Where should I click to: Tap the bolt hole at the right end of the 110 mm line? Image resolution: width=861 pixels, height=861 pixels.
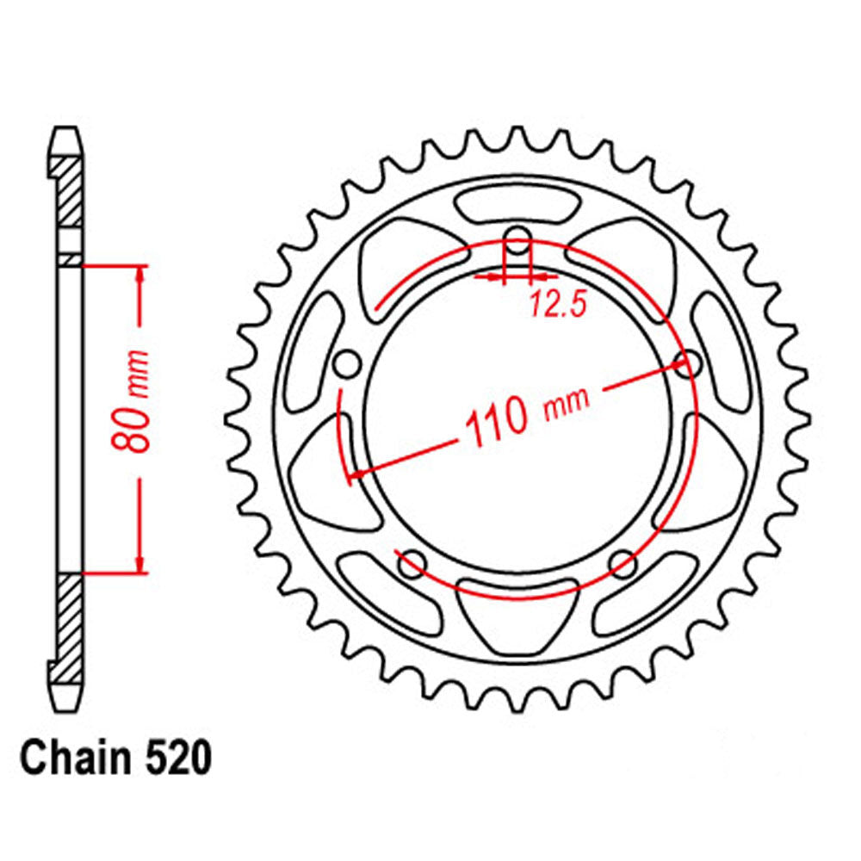tap(686, 362)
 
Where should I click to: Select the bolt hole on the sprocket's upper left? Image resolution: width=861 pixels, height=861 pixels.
tap(347, 363)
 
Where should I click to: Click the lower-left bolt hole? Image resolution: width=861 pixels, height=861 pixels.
tap(412, 564)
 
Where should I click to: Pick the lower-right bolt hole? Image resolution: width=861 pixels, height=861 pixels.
tap(622, 564)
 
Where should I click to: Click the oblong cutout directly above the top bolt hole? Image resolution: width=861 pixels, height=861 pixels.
tap(517, 207)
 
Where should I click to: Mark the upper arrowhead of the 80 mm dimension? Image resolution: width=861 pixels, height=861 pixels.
tap(139, 271)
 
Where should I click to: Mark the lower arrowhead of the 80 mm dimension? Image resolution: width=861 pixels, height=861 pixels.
tap(139, 566)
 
